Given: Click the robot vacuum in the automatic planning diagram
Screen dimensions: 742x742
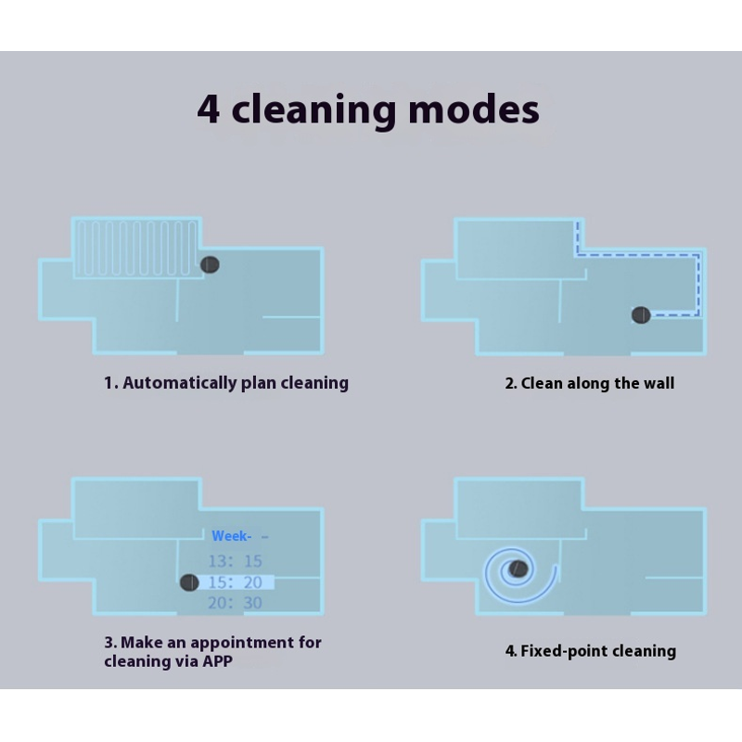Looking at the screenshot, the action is point(210,264).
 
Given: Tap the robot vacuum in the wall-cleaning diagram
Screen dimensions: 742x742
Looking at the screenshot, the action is point(641,314).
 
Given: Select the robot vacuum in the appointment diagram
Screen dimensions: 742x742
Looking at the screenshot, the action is point(189,582).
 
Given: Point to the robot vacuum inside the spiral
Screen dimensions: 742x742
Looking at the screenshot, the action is point(518,569).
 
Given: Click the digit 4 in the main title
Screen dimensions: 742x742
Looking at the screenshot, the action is point(208,109).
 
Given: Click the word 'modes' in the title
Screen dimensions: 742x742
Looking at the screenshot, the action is point(473,109).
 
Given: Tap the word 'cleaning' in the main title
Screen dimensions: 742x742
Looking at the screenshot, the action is point(313,110).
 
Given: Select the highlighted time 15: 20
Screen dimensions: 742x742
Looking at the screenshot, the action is point(236,582).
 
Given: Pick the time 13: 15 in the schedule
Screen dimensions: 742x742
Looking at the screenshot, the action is point(236,561).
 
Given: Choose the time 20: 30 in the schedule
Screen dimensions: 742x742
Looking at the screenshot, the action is point(236,603).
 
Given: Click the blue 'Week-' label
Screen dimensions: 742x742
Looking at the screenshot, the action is point(231,536).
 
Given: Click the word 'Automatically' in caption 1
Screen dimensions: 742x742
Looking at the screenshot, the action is point(180,383).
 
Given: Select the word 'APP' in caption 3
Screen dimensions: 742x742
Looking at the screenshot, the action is point(217,661).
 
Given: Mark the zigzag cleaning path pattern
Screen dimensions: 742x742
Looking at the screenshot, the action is point(136,249).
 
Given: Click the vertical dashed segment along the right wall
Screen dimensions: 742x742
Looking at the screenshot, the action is point(698,285).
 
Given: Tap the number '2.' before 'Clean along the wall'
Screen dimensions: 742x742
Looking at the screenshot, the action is point(511,383).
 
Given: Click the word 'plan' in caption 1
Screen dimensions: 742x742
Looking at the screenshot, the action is point(259,384).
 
